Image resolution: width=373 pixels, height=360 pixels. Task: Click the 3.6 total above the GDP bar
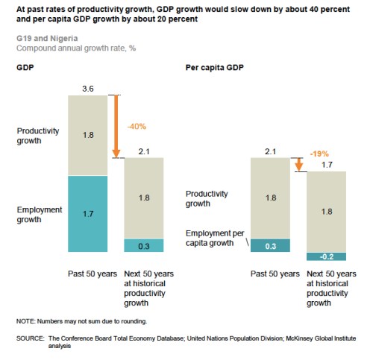pyautogui.click(x=89, y=89)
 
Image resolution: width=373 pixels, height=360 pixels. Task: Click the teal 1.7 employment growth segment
pyautogui.click(x=89, y=213)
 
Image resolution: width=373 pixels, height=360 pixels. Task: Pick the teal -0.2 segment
pyautogui.click(x=326, y=256)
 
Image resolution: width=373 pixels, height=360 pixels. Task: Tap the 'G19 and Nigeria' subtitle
pyautogui.click(x=41, y=37)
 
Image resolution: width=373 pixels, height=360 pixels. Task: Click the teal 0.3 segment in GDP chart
pyautogui.click(x=143, y=244)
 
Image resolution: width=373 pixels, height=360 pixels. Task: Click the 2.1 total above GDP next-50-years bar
pyautogui.click(x=143, y=152)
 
